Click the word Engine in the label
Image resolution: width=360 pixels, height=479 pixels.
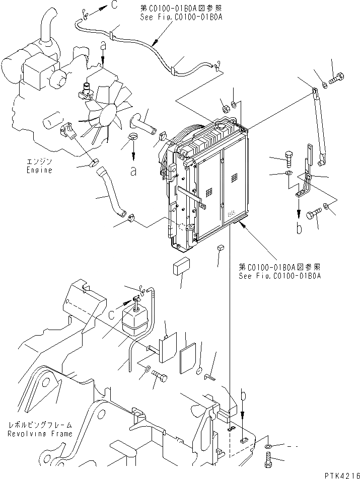(40, 170)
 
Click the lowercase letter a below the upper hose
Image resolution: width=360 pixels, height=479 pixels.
(133, 171)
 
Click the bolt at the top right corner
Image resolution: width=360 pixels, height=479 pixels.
(336, 78)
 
